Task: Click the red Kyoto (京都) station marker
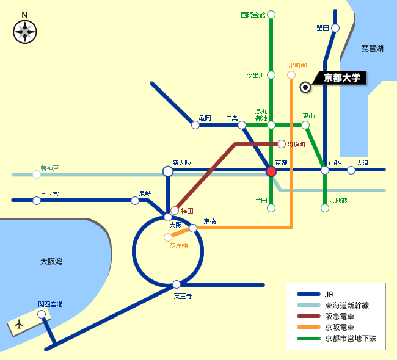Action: (x=271, y=171)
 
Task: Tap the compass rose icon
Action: (x=25, y=32)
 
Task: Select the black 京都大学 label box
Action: (x=340, y=77)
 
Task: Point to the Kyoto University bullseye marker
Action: (x=305, y=87)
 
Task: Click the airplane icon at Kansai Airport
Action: (x=19, y=324)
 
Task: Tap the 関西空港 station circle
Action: (x=42, y=314)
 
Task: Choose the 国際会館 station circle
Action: (x=271, y=15)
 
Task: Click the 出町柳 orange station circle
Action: (x=291, y=75)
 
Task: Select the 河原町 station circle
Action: (x=282, y=144)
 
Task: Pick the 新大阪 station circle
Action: (x=167, y=171)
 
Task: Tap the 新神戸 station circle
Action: (x=37, y=175)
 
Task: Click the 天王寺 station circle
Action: (x=177, y=284)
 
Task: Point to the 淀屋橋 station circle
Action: (x=167, y=237)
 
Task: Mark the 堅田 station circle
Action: (x=335, y=28)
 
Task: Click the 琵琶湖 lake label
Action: (x=373, y=48)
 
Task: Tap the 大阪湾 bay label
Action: (x=51, y=261)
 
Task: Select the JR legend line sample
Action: (x=308, y=294)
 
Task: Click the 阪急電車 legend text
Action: (x=340, y=316)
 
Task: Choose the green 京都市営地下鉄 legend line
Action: (x=308, y=339)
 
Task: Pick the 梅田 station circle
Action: (x=175, y=211)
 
